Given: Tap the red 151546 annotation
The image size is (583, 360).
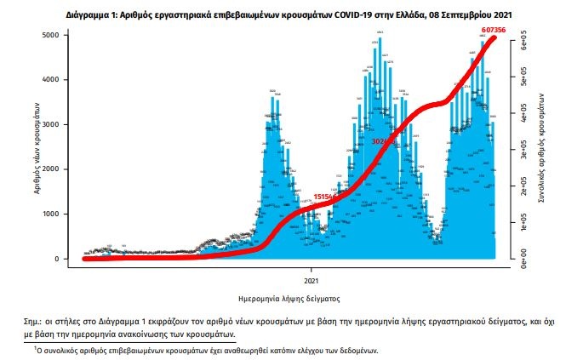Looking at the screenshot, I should pos(327,197).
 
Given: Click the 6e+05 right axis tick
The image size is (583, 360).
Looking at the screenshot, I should pos(526,39).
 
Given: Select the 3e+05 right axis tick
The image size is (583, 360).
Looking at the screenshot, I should pos(526,150).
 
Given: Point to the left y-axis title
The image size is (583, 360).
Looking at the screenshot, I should pos(38,146).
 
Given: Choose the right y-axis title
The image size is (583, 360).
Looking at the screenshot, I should pos(542,146).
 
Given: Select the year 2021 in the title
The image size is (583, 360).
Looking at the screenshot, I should pos(500,14).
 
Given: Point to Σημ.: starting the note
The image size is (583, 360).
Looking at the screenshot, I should pos(39,323).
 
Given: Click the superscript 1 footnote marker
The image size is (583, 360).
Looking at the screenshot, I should pos(36,348).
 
